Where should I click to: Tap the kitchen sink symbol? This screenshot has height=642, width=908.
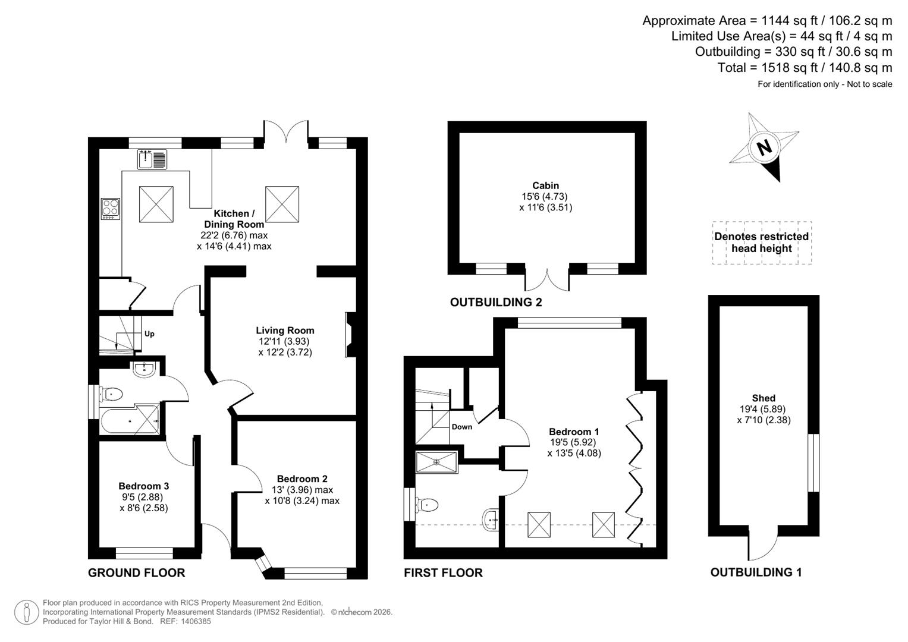(x=152, y=159)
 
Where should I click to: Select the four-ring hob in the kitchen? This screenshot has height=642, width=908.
(x=110, y=208)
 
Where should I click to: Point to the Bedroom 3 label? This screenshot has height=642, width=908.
(x=144, y=486)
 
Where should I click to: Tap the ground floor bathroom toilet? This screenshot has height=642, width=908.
(x=112, y=394)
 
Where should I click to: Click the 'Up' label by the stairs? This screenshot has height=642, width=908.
(x=149, y=334)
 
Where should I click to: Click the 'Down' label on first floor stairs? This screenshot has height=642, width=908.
(x=462, y=427)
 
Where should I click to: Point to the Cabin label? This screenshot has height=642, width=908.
(x=545, y=185)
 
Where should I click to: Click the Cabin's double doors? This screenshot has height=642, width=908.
(x=547, y=278)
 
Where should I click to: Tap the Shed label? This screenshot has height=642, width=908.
(x=764, y=398)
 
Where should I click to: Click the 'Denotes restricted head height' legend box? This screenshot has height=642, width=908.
(x=762, y=243)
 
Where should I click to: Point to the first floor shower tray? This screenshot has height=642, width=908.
(x=437, y=462)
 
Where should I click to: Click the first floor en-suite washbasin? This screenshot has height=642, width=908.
(x=492, y=518)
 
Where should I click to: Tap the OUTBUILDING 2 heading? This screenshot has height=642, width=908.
(x=496, y=302)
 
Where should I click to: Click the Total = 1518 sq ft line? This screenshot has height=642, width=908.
(x=805, y=68)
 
